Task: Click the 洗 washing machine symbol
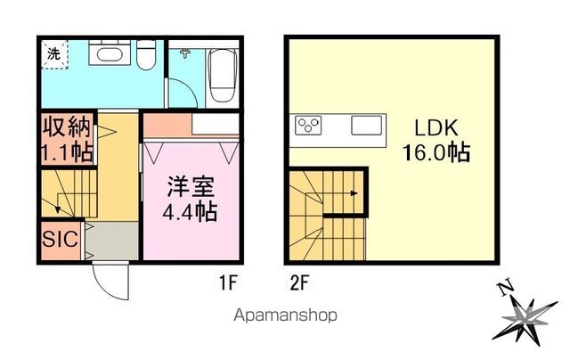pos(53,54)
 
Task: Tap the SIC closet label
pos(60,238)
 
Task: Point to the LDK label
pos(435,127)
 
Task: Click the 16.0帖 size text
pos(435,152)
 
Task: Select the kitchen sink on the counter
pos(366,126)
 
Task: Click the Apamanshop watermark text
pos(286,315)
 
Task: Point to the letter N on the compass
pos(505,288)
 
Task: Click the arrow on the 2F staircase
pos(354,192)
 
